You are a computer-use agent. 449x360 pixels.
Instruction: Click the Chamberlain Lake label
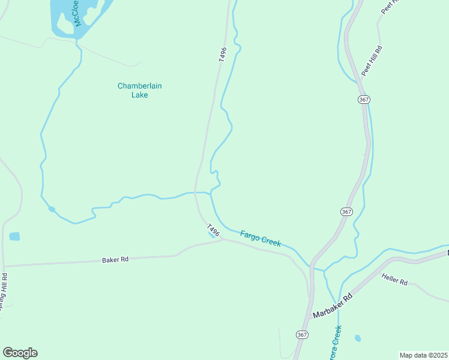pos(139,90)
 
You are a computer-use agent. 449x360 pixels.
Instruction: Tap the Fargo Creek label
pos(261,238)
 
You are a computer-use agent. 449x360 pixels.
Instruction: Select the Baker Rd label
pos(115,260)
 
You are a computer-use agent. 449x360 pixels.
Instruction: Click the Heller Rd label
pos(394,278)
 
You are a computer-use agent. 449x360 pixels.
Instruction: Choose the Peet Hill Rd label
pos(372,61)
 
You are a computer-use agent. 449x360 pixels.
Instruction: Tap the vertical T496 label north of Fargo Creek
pos(222,55)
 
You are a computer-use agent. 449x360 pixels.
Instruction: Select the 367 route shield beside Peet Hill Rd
pos(364,99)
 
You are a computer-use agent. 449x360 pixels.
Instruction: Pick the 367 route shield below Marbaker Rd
pos(301,334)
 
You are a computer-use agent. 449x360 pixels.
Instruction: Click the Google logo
pos(20,353)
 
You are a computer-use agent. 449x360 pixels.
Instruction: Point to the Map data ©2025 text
pos(423,355)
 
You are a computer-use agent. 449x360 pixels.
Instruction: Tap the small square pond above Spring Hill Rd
pos(14,236)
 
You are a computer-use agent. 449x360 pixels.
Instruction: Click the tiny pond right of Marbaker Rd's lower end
pos(358,338)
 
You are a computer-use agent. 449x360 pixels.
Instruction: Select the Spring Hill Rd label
pos(4,293)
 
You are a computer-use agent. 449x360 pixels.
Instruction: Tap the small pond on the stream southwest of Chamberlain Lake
pos(52,209)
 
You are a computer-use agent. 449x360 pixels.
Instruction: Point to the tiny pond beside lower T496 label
pos(212,235)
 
